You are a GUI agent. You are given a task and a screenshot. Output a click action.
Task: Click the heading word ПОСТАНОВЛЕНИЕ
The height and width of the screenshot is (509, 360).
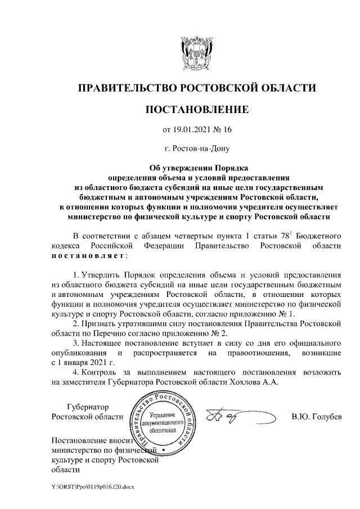[x=196, y=109]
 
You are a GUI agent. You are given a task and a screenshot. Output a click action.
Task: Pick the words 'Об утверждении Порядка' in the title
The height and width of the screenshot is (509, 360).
[x=196, y=167]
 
